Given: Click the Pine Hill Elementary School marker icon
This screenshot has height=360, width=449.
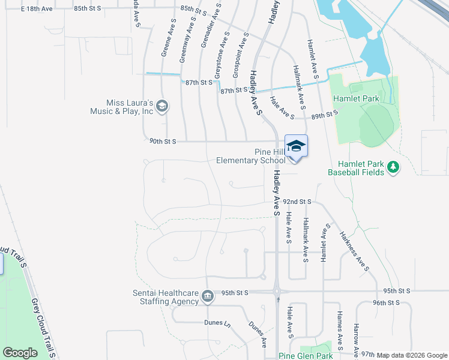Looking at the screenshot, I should click(x=296, y=146).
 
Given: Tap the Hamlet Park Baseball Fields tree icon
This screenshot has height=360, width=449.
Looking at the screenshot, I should click(x=394, y=167).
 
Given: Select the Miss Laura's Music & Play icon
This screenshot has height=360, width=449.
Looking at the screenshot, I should click(x=161, y=107).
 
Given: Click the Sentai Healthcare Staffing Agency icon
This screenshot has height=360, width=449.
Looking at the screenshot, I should click(x=207, y=296).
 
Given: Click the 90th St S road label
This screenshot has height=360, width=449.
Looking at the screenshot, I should click(x=163, y=142).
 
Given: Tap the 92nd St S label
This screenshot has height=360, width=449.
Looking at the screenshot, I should click(x=297, y=202).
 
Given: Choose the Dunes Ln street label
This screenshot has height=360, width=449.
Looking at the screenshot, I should click(x=219, y=323).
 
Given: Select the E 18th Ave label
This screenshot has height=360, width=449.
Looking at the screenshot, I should click(x=37, y=9).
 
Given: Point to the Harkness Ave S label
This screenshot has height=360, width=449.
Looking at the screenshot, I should click(x=353, y=251).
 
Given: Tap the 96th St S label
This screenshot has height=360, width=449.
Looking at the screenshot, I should click(x=385, y=303).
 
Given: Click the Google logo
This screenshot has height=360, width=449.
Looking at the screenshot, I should click(x=20, y=353).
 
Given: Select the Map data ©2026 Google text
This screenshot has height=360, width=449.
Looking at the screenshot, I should click(x=412, y=355).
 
